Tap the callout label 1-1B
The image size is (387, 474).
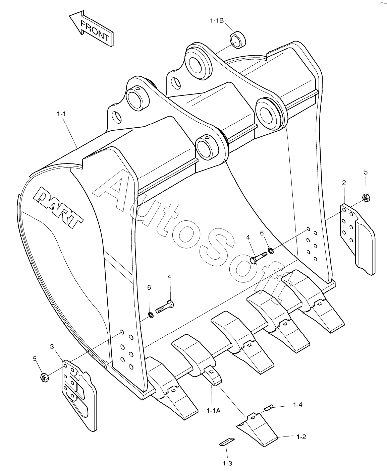(217, 21)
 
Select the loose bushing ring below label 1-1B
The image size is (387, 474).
(238, 40)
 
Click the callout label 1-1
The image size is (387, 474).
(61, 114)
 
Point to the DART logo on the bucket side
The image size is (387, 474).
(58, 207)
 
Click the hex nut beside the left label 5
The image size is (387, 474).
(44, 377)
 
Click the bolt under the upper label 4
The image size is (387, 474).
(258, 258)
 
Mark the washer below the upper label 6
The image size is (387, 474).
(271, 250)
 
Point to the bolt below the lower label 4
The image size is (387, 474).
(165, 307)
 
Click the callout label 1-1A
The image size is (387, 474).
(213, 411)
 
